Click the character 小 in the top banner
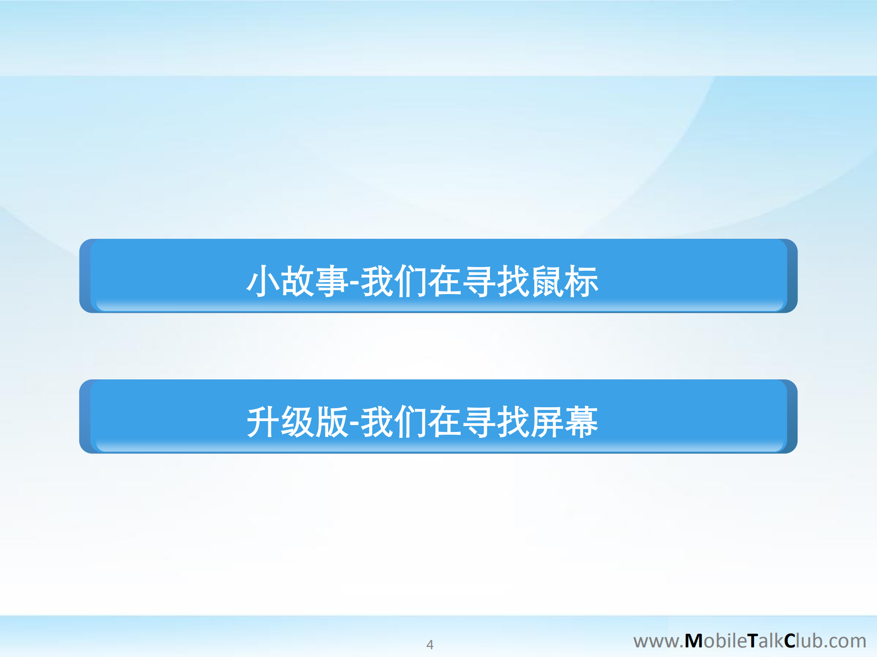(x=263, y=281)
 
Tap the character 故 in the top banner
(x=297, y=281)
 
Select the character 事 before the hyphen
(x=331, y=281)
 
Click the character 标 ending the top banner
(x=581, y=281)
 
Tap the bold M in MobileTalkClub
(x=693, y=641)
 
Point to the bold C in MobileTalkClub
(x=790, y=641)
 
